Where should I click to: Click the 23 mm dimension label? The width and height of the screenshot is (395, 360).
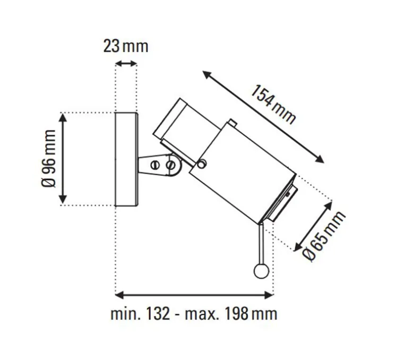pos(126,46)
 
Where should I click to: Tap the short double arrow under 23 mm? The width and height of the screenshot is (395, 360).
pos(126,64)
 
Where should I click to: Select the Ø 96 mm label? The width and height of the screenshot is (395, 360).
pos(48,158)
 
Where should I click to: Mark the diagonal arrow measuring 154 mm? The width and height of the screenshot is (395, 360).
pos(263,116)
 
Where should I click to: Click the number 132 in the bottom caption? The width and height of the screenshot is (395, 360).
pos(158,314)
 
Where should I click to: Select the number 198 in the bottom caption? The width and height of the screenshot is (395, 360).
pos(235,314)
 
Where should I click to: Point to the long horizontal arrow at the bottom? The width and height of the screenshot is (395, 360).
pos(194,293)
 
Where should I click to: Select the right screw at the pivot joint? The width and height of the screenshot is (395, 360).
pos(170,166)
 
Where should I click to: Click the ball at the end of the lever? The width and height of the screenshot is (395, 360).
pos(261,271)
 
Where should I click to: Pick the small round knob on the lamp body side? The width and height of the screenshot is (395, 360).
pos(202,164)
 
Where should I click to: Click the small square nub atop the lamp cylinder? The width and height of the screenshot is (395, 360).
pos(234,124)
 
